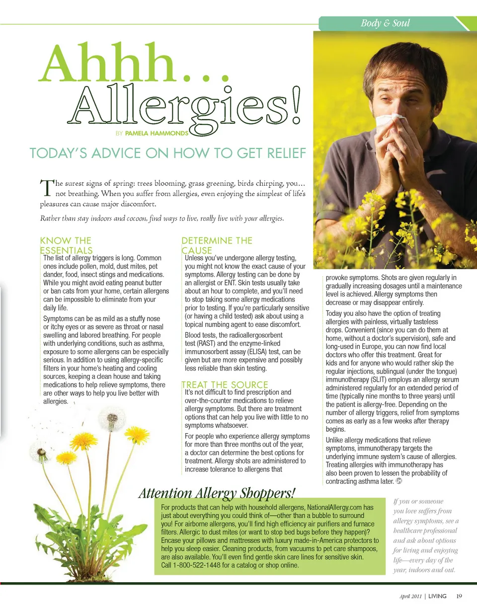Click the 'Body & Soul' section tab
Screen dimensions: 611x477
[385, 23]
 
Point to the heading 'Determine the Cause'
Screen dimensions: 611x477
[217, 245]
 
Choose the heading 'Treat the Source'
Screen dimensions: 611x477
[225, 384]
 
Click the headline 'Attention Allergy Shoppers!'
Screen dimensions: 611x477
[217, 493]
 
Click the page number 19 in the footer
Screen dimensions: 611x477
[459, 596]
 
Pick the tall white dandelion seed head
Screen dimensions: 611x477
[112, 419]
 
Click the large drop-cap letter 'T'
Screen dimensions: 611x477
[46, 187]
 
